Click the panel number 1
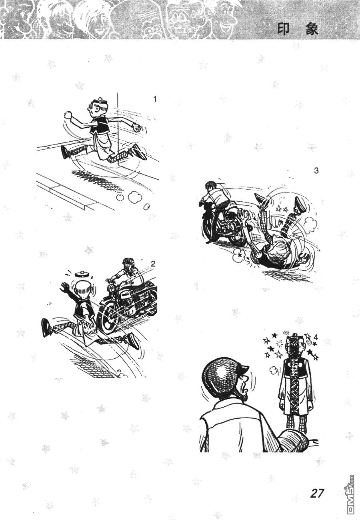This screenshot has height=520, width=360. pyautogui.click(x=155, y=99)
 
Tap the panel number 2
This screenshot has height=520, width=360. pyautogui.click(x=153, y=263)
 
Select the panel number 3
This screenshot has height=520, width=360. pyautogui.click(x=316, y=171)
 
